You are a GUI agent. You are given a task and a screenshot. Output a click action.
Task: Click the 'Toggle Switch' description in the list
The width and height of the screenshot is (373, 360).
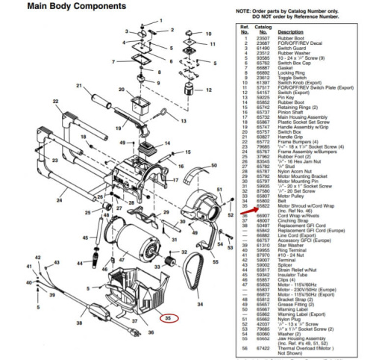coord(292,76)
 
